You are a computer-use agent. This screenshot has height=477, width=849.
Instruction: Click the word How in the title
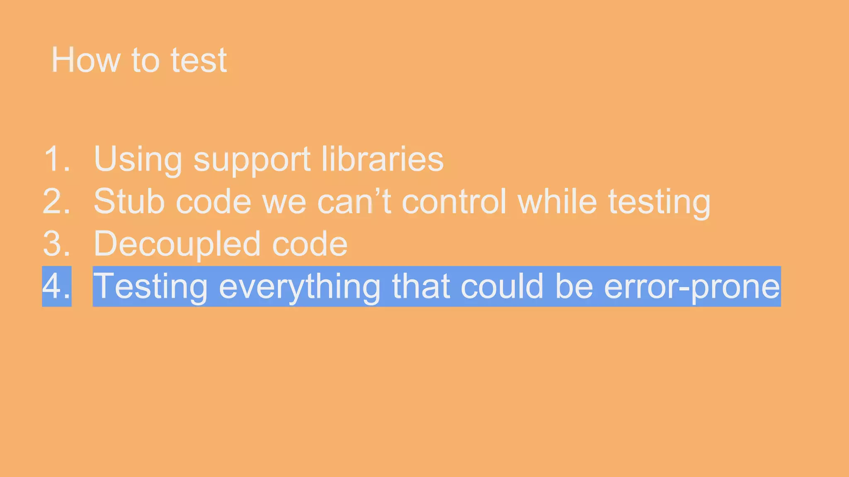85,60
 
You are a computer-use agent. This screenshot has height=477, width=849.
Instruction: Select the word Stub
129,201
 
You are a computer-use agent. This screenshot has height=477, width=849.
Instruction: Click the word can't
354,201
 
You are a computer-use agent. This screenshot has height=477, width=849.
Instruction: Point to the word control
454,201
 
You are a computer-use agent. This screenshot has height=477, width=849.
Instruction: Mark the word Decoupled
177,244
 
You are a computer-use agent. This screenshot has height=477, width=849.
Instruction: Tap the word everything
299,287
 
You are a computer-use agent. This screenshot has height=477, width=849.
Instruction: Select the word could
502,286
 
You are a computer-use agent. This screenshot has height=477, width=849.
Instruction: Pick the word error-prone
692,287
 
